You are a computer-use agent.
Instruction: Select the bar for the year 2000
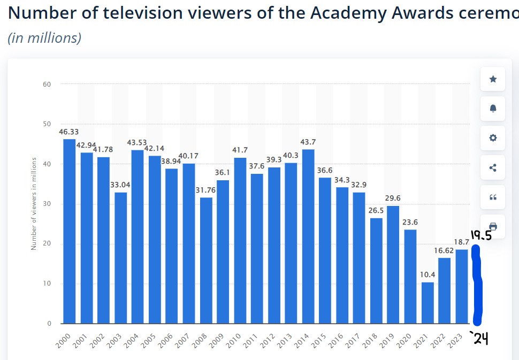(70, 231)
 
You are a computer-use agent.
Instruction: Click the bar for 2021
(428, 303)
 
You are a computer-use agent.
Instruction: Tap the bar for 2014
(308, 236)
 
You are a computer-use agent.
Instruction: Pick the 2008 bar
(206, 261)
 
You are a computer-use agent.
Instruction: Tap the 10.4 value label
(428, 274)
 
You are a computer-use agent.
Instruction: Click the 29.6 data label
(393, 198)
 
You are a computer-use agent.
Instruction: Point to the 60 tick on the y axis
(47, 84)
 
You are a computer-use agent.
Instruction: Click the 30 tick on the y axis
(47, 204)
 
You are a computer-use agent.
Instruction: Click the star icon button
(493, 79)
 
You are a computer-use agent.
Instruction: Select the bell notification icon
(493, 109)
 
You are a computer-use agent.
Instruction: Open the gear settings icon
(493, 138)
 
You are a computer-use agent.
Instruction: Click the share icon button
(493, 167)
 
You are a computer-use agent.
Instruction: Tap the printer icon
(493, 226)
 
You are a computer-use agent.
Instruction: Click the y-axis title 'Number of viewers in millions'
(34, 204)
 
